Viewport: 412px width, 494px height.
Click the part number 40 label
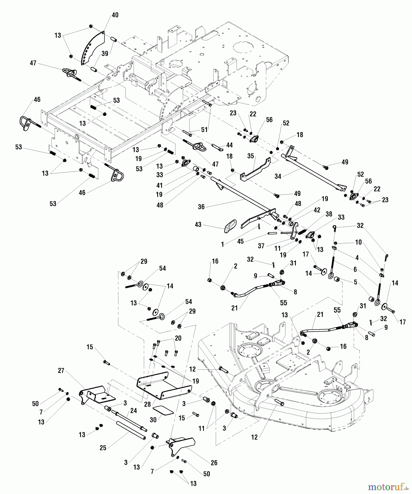[x=115, y=15]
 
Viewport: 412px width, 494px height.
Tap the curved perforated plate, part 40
[x=93, y=48]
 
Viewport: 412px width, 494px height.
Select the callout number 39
[x=105, y=54]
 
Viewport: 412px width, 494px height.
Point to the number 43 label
[x=198, y=224]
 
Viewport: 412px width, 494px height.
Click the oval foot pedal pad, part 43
[x=231, y=226]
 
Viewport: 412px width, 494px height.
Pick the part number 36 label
[x=201, y=207]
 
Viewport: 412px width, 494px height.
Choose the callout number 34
[x=278, y=176]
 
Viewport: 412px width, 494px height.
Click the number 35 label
[x=250, y=156]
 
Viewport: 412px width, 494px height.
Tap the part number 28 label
[x=147, y=405]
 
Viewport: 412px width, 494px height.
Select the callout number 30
[x=153, y=420]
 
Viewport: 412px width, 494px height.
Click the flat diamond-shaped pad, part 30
[x=163, y=411]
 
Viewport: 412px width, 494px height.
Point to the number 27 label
[x=61, y=371]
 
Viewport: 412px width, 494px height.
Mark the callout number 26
[x=214, y=463]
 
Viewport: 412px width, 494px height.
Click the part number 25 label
[x=103, y=448]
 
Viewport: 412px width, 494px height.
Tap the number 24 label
[x=134, y=411]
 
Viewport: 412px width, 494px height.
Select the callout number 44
[x=229, y=145]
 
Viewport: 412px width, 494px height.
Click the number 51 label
[x=204, y=130]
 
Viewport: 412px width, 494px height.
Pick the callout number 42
[x=317, y=210]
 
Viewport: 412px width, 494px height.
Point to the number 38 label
[x=329, y=214]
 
